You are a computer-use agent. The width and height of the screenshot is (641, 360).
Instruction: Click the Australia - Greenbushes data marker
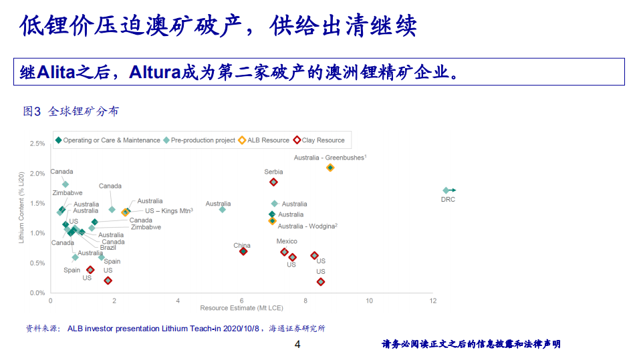click(330, 168)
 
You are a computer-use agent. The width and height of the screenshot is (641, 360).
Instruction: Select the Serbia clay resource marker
click(273, 182)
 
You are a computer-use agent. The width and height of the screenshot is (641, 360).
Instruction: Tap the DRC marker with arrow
click(446, 190)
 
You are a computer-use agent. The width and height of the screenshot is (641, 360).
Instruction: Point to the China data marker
click(243, 251)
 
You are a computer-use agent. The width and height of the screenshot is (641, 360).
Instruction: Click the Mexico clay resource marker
click(285, 252)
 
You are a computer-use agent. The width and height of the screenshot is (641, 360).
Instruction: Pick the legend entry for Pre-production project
click(199, 140)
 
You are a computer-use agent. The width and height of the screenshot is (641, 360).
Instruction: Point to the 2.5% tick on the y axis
click(37, 144)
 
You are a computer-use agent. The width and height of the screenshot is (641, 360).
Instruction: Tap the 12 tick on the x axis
click(433, 301)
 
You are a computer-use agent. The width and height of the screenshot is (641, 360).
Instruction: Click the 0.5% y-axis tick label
click(37, 263)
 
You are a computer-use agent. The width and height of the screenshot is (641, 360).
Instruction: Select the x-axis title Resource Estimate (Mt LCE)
click(241, 308)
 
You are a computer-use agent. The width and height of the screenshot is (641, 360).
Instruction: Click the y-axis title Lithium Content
click(21, 206)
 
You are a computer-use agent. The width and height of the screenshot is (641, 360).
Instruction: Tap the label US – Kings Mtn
click(169, 211)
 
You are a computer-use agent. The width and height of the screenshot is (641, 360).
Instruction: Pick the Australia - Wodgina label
click(307, 226)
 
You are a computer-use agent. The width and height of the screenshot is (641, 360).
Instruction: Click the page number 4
click(298, 345)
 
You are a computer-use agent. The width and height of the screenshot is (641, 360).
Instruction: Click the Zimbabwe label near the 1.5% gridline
click(68, 193)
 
